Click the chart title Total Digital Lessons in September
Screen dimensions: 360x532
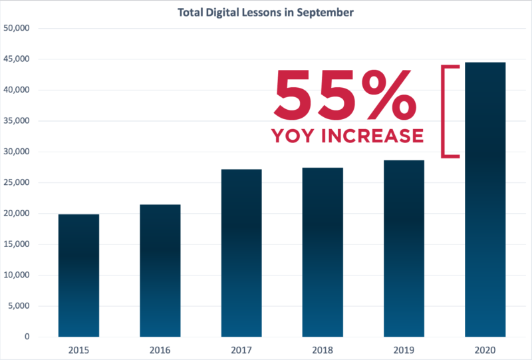point(265,12)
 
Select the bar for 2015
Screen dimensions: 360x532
point(78,275)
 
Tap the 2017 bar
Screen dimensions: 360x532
point(241,253)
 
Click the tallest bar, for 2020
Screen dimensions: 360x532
point(485,200)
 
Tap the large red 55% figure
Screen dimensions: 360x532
point(346,94)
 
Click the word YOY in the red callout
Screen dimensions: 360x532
point(294,136)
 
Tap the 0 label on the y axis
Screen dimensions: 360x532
point(27,337)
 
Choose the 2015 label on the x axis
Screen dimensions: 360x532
point(78,350)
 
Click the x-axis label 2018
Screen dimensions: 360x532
point(323,350)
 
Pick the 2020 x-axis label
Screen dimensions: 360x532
point(485,350)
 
